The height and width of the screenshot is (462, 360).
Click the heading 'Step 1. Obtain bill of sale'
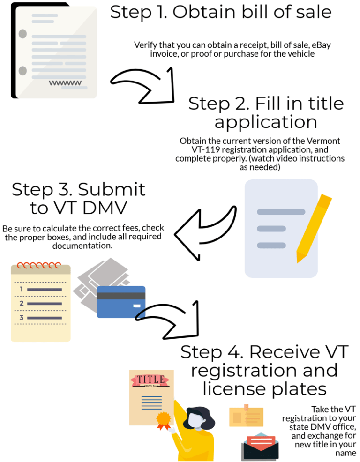[x=221, y=12]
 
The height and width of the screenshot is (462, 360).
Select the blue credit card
[x=121, y=302]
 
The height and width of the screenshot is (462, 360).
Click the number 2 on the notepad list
[x=22, y=304]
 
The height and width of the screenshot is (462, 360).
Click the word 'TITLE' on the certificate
[x=150, y=379]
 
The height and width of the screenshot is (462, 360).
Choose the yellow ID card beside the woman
[x=246, y=417]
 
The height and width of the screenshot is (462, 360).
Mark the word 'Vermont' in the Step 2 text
[x=323, y=141]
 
